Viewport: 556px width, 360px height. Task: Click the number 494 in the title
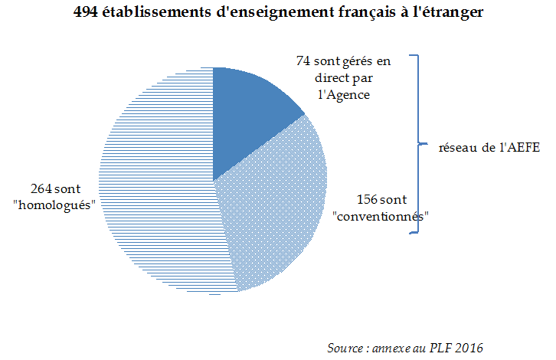click(87, 15)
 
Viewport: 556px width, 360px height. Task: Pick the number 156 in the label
click(368, 200)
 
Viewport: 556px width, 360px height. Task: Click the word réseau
click(458, 147)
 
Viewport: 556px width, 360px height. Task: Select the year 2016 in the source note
click(468, 348)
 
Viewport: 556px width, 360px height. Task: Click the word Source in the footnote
click(345, 348)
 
